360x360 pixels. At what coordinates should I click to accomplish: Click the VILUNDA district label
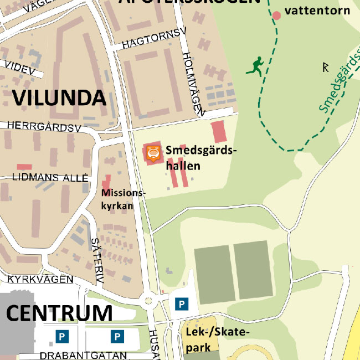(x=59, y=97)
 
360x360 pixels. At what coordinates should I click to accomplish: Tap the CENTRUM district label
(x=59, y=313)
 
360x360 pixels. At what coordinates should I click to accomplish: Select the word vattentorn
(x=317, y=11)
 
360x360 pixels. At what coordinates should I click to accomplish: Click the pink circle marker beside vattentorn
(x=276, y=15)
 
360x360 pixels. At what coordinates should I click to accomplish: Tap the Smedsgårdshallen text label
(x=200, y=158)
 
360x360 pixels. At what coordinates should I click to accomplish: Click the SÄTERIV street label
(x=97, y=261)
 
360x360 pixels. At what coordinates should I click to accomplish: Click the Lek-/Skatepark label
(x=217, y=338)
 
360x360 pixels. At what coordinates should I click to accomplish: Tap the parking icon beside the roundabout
(x=181, y=304)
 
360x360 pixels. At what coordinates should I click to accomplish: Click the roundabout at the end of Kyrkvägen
(x=148, y=302)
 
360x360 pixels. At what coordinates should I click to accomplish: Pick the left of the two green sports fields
(x=213, y=271)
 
